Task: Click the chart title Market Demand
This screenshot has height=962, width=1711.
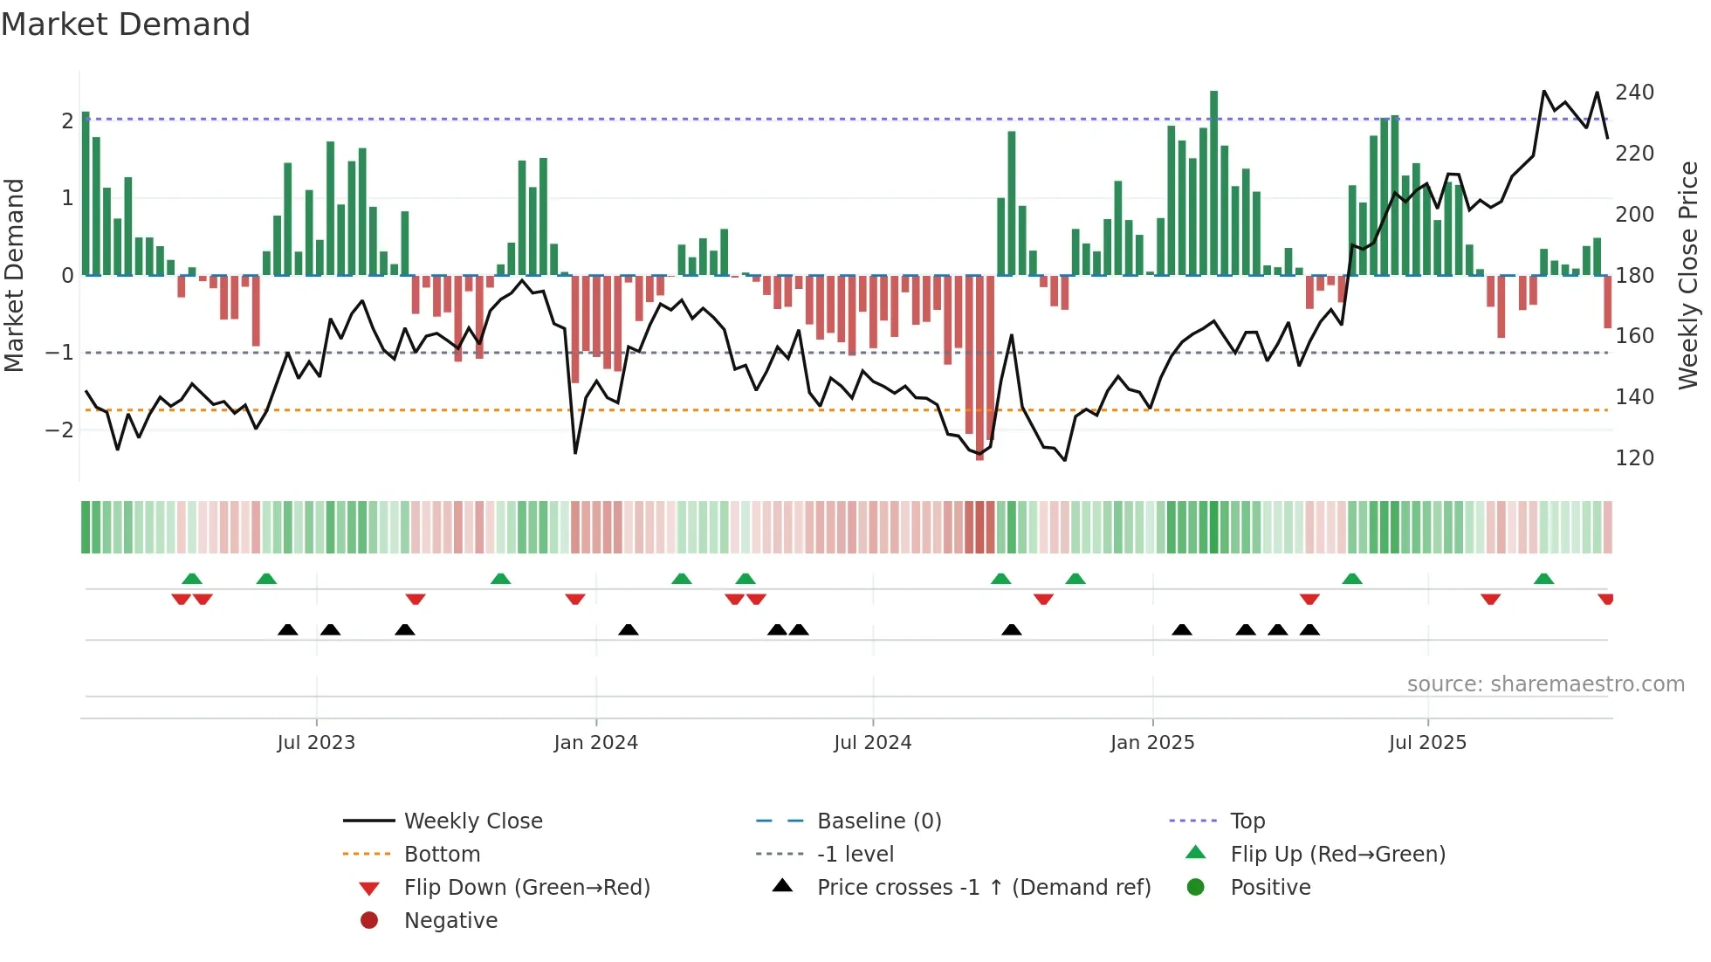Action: (126, 24)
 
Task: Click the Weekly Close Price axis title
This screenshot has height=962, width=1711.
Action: (1688, 275)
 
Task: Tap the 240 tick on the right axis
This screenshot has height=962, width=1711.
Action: (1634, 93)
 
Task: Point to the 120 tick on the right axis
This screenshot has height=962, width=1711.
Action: (1634, 457)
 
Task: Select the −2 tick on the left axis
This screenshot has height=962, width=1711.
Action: (59, 429)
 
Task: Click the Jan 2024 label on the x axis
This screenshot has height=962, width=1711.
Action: (595, 743)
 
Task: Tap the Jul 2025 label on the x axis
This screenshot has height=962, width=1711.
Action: (1427, 743)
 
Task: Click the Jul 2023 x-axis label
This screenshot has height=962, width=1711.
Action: (316, 743)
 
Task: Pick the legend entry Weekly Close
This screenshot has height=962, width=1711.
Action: (472, 821)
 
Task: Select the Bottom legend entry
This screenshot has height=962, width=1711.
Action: (442, 854)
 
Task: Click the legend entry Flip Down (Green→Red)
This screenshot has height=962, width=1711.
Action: (526, 887)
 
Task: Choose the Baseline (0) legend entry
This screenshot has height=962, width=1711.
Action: (878, 821)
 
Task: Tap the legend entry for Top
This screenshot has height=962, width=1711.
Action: (1247, 821)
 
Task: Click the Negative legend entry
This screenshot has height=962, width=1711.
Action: (450, 920)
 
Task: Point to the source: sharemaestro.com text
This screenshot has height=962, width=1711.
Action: (1545, 684)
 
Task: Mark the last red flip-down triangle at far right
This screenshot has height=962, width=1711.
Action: (1605, 599)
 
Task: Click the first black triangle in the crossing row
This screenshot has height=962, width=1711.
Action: (287, 629)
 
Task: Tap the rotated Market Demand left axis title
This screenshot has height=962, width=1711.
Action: (14, 275)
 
